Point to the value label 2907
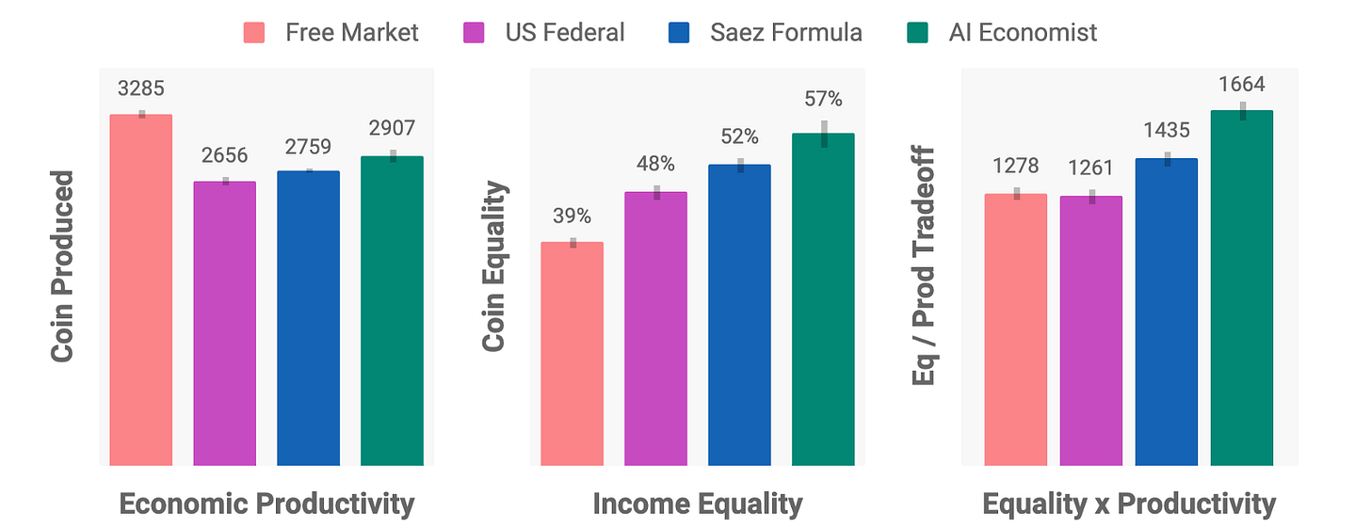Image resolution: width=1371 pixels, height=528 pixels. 392,129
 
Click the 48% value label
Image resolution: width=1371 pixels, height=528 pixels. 655,164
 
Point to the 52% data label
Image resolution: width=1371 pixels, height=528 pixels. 739,136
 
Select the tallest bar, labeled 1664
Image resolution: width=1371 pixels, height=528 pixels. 1241,288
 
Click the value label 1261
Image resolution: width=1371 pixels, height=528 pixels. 1090,168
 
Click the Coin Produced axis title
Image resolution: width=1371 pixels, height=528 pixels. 63,266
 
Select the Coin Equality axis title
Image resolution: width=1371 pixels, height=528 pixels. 494,267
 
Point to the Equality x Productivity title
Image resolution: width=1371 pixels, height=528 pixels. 1128,504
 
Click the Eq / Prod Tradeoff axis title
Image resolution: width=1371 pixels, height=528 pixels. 926,266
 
